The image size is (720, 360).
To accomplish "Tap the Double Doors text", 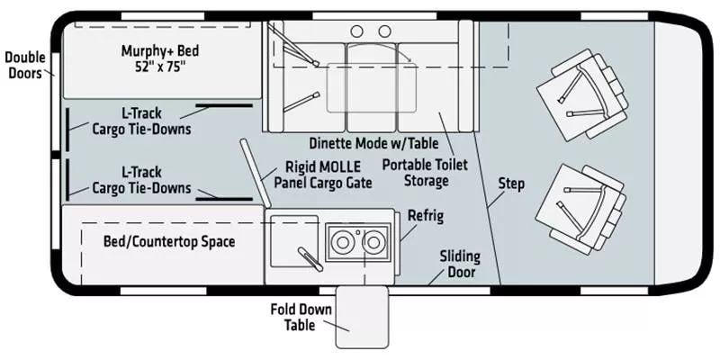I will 24,65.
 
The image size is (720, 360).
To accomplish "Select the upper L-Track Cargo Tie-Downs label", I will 141,121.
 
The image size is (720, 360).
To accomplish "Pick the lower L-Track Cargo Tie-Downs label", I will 141,179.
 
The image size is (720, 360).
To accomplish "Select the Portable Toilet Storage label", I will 415,173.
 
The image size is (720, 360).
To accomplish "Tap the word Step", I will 510,184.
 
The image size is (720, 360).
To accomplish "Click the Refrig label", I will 426,216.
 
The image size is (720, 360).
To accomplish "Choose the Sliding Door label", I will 460,264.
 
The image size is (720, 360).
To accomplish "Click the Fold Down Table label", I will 301,317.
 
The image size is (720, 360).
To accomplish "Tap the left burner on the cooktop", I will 342,241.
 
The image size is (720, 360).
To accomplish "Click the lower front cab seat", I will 580,206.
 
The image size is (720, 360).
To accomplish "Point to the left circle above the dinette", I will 357,31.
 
